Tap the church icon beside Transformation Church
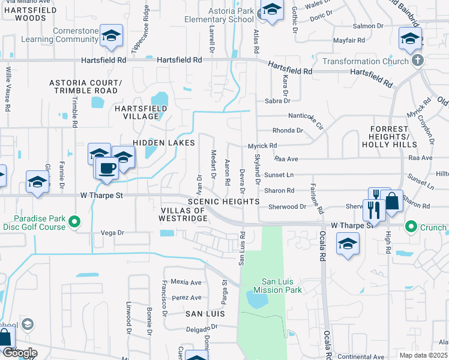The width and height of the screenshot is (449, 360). click(x=418, y=61)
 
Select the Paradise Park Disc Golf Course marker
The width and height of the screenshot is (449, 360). click(x=75, y=222)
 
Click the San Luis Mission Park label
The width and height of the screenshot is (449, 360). click(x=282, y=286)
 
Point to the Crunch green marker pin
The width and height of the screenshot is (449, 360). click(x=411, y=227)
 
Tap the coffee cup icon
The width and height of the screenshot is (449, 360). click(x=107, y=169)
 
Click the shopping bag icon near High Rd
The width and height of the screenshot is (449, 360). click(x=391, y=202)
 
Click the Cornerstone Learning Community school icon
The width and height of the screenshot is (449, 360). click(x=111, y=36)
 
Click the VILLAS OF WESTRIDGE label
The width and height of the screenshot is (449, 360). click(x=184, y=214)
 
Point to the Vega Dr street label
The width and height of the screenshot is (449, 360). click(x=112, y=232)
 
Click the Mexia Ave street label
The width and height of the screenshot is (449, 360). click(x=186, y=282)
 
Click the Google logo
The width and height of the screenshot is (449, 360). click(x=20, y=353)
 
